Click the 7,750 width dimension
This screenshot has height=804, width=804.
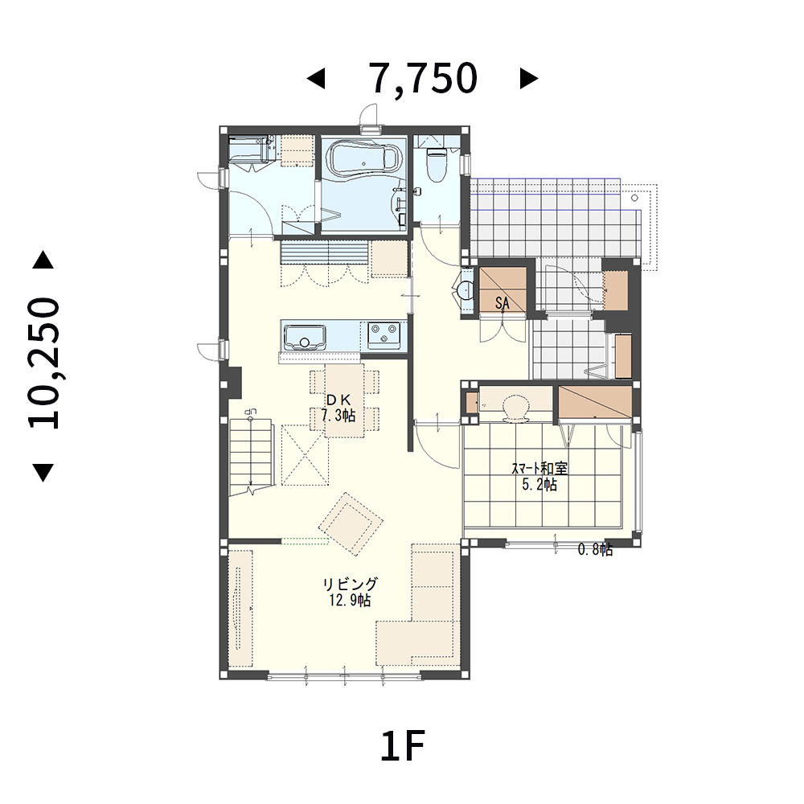tap(425, 79)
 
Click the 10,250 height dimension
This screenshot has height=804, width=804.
tap(44, 363)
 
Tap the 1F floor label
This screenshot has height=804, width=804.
tap(403, 746)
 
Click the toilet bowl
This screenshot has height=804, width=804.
tap(437, 164)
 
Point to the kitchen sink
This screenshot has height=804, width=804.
tap(305, 337)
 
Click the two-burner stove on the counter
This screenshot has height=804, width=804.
tap(383, 335)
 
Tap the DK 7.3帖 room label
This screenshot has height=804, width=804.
tap(338, 408)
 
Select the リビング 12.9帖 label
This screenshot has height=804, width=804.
tap(351, 592)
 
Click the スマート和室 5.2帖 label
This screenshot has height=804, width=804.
tap(539, 476)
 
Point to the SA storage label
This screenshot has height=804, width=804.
tap(503, 304)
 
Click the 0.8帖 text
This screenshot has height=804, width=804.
tap(595, 550)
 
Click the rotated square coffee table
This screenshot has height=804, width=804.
tap(351, 524)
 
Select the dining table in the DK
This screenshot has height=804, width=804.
tap(344, 400)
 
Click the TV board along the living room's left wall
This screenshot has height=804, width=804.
tap(240, 609)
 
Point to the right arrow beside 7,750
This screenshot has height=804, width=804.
tap(529, 79)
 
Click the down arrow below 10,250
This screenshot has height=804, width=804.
tap(43, 472)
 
